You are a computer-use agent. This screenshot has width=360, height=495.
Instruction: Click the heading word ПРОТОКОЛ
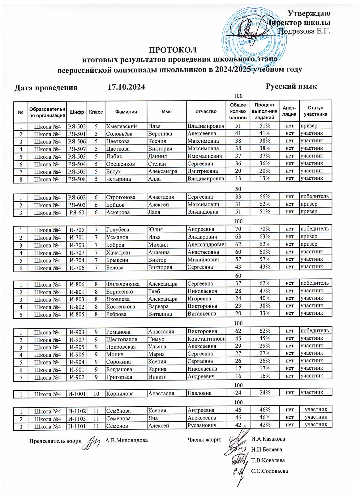coord(173,50)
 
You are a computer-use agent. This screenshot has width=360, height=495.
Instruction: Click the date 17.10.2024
coord(126,87)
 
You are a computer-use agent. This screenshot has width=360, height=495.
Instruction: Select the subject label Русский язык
coord(291,86)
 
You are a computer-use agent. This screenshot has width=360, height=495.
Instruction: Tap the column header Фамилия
coord(126,112)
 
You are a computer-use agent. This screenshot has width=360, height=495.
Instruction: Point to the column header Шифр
coord(77,112)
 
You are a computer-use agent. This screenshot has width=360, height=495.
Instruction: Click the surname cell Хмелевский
coord(122,126)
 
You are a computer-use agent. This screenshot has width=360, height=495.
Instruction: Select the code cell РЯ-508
coord(77,179)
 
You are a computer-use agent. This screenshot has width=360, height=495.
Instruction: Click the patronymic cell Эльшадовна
coord(203,212)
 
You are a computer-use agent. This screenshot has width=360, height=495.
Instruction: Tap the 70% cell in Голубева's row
coord(265,229)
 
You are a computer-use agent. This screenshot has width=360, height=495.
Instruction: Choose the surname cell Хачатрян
coord(118,252)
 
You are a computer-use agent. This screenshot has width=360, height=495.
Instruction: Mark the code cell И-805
coord(77,315)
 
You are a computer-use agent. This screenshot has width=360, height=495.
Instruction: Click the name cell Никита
coord(157,377)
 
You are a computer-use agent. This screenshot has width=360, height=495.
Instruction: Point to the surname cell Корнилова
coord(120,394)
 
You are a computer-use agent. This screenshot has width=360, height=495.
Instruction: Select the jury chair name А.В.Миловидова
coord(126,440)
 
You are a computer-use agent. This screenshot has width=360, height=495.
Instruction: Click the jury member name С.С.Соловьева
coord(269,471)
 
